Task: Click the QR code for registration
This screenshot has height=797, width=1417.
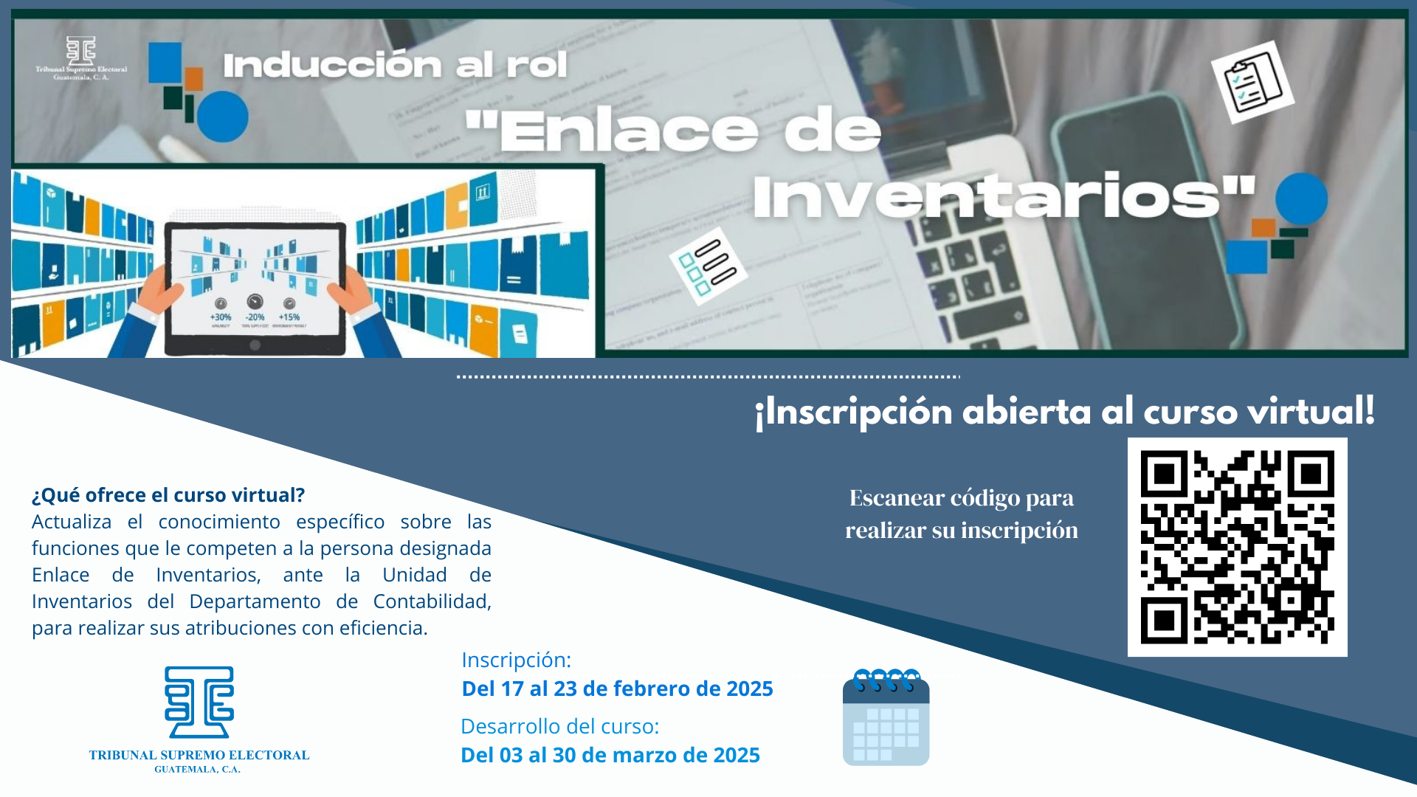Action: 1237,547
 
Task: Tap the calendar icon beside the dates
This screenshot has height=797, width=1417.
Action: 886,717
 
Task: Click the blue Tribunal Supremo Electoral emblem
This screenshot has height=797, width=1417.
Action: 199,702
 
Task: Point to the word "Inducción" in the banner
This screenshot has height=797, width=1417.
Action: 332,64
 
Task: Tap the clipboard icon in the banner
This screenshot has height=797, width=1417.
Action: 1252,82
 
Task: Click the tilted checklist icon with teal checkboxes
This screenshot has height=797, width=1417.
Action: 708,266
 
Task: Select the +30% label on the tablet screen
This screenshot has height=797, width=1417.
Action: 221,317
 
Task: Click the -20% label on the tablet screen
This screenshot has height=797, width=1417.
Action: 255,317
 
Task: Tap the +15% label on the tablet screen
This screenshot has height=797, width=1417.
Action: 289,317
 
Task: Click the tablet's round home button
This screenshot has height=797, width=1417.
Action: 255,345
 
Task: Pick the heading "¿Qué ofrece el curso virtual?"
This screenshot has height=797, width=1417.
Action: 168,495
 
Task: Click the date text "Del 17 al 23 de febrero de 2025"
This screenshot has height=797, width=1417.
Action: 617,689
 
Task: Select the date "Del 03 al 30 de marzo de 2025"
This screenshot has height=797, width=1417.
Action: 610,755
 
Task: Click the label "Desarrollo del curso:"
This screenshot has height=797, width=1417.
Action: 560,726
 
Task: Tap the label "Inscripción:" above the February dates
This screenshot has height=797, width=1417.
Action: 517,660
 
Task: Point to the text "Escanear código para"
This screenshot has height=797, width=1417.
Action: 962,498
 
